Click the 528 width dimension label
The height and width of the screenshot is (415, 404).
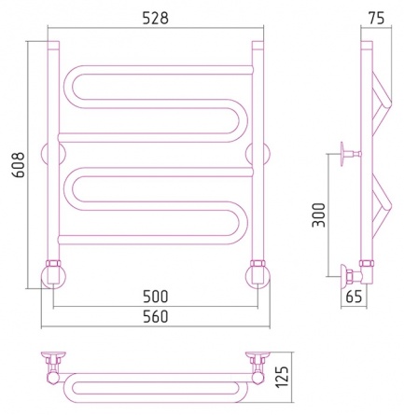click(x=156, y=19)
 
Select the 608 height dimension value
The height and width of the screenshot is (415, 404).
click(x=20, y=165)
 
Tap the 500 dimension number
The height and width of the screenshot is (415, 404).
click(x=156, y=297)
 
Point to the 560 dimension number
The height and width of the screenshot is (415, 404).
click(x=156, y=317)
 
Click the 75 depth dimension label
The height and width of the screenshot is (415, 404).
click(x=377, y=19)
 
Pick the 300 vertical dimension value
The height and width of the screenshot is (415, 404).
click(x=318, y=215)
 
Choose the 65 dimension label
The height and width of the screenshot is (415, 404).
click(x=354, y=297)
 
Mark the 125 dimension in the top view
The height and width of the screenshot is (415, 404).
click(x=283, y=378)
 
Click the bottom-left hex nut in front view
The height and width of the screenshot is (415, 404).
click(x=53, y=263)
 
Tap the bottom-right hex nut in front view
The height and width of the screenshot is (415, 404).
click(x=258, y=263)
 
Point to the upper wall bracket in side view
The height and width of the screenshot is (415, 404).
click(x=350, y=154)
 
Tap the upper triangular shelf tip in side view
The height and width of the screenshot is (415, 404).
click(x=389, y=104)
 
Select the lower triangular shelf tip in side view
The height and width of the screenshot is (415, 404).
click(x=389, y=205)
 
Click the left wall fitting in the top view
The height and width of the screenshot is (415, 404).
click(x=53, y=362)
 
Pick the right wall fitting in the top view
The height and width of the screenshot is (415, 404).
click(x=258, y=362)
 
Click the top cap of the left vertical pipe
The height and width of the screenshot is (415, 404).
click(x=53, y=45)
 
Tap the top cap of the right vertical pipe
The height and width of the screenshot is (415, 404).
click(x=258, y=45)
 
